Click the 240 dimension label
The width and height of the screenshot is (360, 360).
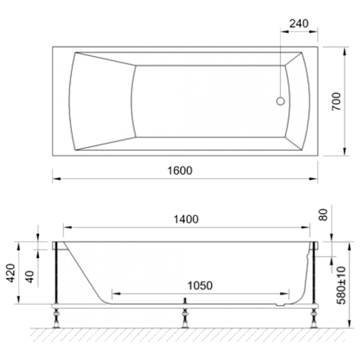pyautogui.click(x=299, y=24)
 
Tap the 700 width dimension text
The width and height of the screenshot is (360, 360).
pyautogui.click(x=336, y=102)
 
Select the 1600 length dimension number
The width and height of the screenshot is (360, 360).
pyautogui.click(x=180, y=171)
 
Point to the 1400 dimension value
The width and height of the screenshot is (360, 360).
pyautogui.click(x=186, y=219)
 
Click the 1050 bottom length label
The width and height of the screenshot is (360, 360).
pyautogui.click(x=200, y=286)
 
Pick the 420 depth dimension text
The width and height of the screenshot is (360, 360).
pyautogui.click(x=11, y=273)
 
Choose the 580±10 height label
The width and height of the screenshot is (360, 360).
pyautogui.click(x=341, y=285)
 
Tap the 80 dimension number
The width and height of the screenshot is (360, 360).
pyautogui.click(x=323, y=215)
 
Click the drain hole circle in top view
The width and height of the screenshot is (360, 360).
pyautogui.click(x=280, y=102)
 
